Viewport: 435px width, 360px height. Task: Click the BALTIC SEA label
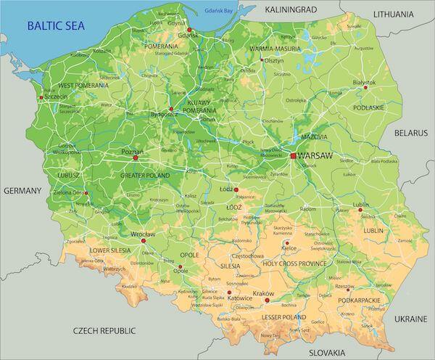click(x=55, y=26)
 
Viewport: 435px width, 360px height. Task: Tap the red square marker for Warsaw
click(x=293, y=155)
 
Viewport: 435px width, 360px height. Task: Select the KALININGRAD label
click(x=291, y=10)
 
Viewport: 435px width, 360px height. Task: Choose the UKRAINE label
click(x=411, y=319)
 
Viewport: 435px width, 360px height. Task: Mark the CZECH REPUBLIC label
click(x=105, y=330)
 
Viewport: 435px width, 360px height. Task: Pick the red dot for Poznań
click(x=135, y=157)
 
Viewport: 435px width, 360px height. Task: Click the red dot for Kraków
click(x=275, y=297)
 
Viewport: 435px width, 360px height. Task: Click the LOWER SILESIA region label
click(x=109, y=250)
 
